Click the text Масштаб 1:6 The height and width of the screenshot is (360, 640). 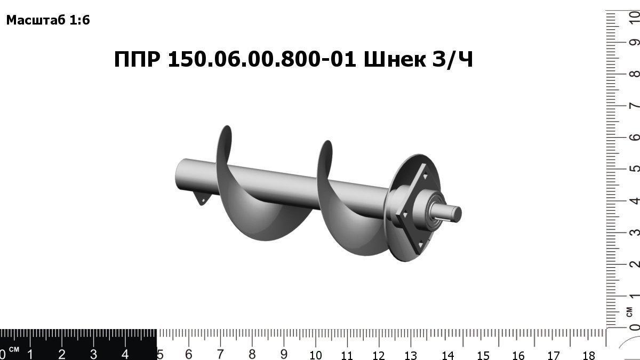point(48,21)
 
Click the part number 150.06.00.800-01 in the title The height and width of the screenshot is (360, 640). point(262,60)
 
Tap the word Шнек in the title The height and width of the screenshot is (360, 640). point(395,60)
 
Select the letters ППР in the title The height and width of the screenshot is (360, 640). point(137,60)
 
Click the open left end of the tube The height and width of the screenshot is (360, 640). point(180,174)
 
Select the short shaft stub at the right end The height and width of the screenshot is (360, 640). point(453,213)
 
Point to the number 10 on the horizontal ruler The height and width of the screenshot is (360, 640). point(315,355)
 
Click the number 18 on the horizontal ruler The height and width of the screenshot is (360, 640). point(589,355)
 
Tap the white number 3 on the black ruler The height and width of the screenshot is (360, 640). point(93,354)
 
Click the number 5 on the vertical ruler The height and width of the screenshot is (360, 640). point(634,169)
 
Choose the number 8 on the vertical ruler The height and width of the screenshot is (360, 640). point(634,74)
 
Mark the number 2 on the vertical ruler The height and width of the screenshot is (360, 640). point(634,265)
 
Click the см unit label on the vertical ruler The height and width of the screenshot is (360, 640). point(630,310)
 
